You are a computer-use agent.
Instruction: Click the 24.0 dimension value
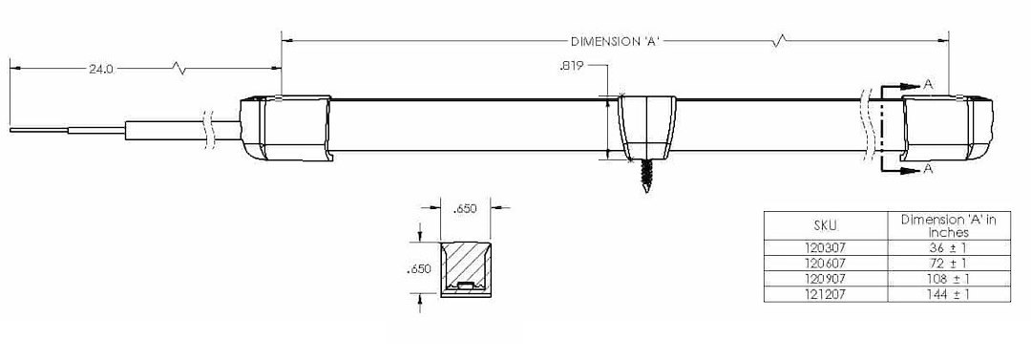[x=101, y=68]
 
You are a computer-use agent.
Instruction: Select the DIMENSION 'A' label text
[x=615, y=41]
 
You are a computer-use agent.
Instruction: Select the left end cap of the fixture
[x=284, y=128]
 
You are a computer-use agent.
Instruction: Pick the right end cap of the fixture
[x=947, y=128]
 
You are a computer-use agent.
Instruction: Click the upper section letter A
[x=928, y=84]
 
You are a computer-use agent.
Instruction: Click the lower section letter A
[x=928, y=169]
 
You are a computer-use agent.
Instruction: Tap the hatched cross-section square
[x=466, y=269]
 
